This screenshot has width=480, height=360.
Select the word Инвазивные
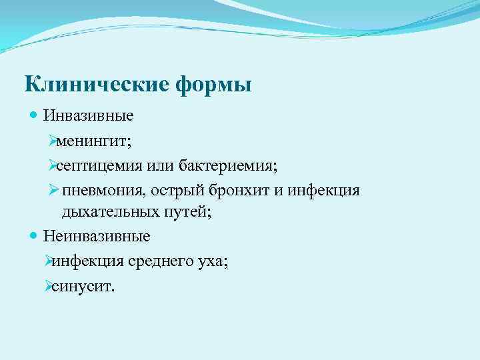click(x=89, y=116)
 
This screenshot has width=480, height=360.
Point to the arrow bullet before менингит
click(x=54, y=141)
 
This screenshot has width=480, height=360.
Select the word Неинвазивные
click(x=97, y=236)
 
